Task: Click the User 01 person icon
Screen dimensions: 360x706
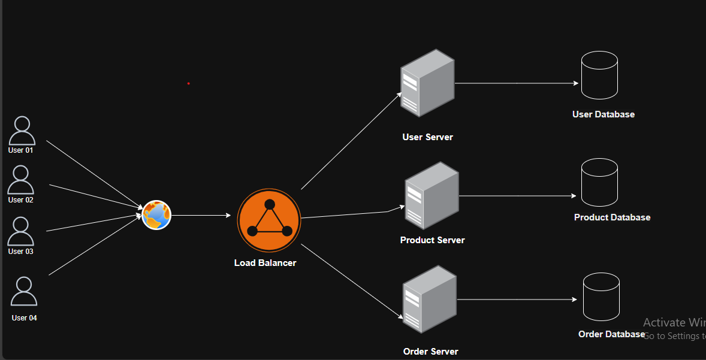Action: click(22, 131)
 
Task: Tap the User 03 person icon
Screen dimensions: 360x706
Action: click(21, 231)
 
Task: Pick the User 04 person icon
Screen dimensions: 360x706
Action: click(24, 291)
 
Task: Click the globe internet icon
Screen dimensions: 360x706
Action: click(157, 215)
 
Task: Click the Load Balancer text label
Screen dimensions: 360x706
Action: click(265, 263)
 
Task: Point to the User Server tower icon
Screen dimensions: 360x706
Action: click(427, 83)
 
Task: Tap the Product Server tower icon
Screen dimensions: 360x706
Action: click(431, 195)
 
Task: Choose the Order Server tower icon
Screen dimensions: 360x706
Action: click(429, 300)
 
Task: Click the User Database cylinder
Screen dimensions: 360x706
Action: click(599, 75)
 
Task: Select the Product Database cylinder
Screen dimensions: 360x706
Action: click(599, 183)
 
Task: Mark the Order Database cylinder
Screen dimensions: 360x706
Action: click(601, 297)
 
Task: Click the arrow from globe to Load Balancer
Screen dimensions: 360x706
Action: click(201, 215)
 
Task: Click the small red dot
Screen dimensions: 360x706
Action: click(188, 83)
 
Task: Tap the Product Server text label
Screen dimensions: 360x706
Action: click(432, 240)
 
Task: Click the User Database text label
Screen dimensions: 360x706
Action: click(603, 114)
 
